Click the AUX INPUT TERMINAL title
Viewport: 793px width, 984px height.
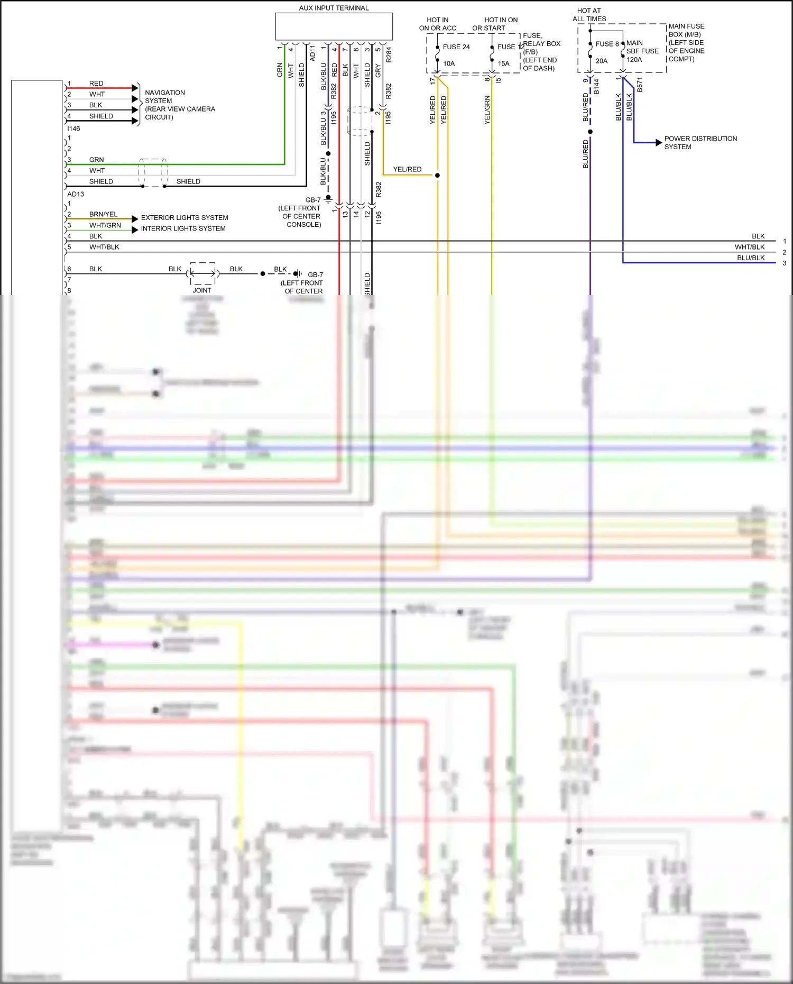(x=334, y=8)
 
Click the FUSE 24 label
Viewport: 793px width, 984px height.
(x=456, y=47)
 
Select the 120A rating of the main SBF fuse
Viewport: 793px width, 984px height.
(x=634, y=60)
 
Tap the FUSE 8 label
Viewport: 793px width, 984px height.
(x=606, y=44)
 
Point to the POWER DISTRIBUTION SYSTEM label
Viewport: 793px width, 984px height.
(x=700, y=143)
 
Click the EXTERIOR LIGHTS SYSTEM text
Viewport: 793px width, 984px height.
(x=185, y=218)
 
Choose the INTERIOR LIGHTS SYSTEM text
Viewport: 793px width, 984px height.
(x=183, y=228)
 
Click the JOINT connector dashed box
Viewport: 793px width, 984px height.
(x=202, y=273)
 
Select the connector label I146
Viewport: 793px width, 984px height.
(x=73, y=128)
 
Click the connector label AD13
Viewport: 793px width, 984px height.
(x=76, y=194)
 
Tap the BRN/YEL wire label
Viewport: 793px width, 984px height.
(x=103, y=214)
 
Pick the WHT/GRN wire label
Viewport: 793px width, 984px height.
(x=105, y=225)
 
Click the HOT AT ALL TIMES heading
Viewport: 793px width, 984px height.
(x=589, y=15)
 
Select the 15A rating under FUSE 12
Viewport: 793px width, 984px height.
(x=503, y=63)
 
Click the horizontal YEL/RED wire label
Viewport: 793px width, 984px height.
(x=407, y=169)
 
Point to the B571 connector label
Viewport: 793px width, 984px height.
(x=640, y=85)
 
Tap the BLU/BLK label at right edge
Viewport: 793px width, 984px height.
(x=750, y=258)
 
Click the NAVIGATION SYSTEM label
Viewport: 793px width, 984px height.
(x=164, y=97)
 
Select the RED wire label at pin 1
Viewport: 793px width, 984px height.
(x=96, y=84)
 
